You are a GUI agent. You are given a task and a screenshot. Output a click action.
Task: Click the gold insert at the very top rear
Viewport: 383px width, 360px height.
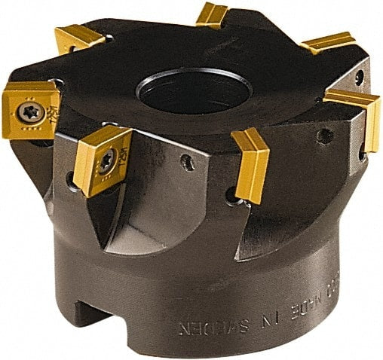click(x=212, y=15)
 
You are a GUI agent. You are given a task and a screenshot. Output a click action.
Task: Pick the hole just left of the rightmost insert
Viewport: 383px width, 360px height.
click(x=326, y=136)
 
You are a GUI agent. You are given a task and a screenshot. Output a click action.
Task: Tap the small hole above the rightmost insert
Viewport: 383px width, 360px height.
click(x=359, y=75)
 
